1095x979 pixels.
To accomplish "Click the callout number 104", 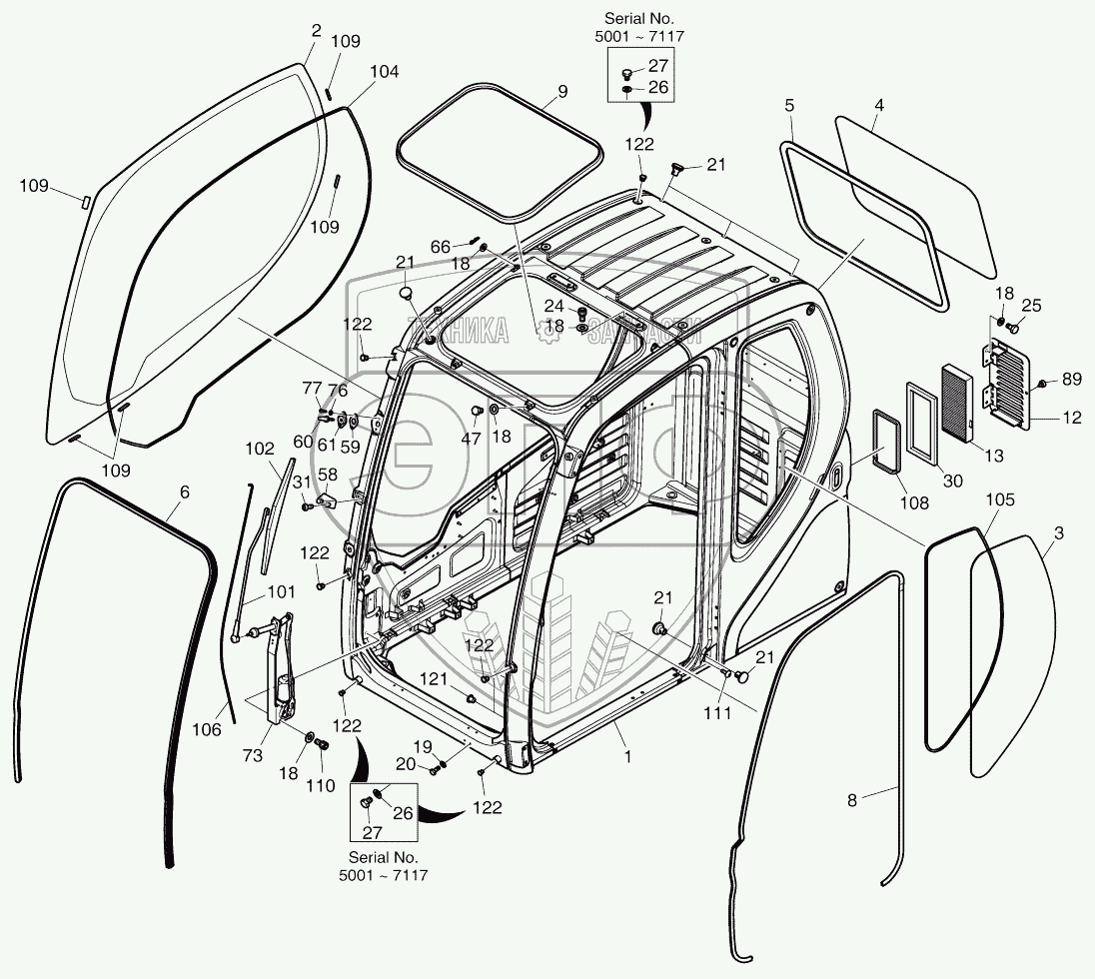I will point(384,72).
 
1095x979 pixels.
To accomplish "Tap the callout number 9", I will point(562,91).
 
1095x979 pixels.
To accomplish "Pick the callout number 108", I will point(914,502).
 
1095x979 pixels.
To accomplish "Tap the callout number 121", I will point(433,678).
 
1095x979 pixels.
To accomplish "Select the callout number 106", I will point(207,729).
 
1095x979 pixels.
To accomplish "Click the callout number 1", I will point(627,757).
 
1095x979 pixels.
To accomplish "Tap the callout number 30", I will point(953,481).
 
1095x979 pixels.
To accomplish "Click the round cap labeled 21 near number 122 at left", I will point(405,294).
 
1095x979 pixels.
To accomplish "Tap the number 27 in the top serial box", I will point(658,67).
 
